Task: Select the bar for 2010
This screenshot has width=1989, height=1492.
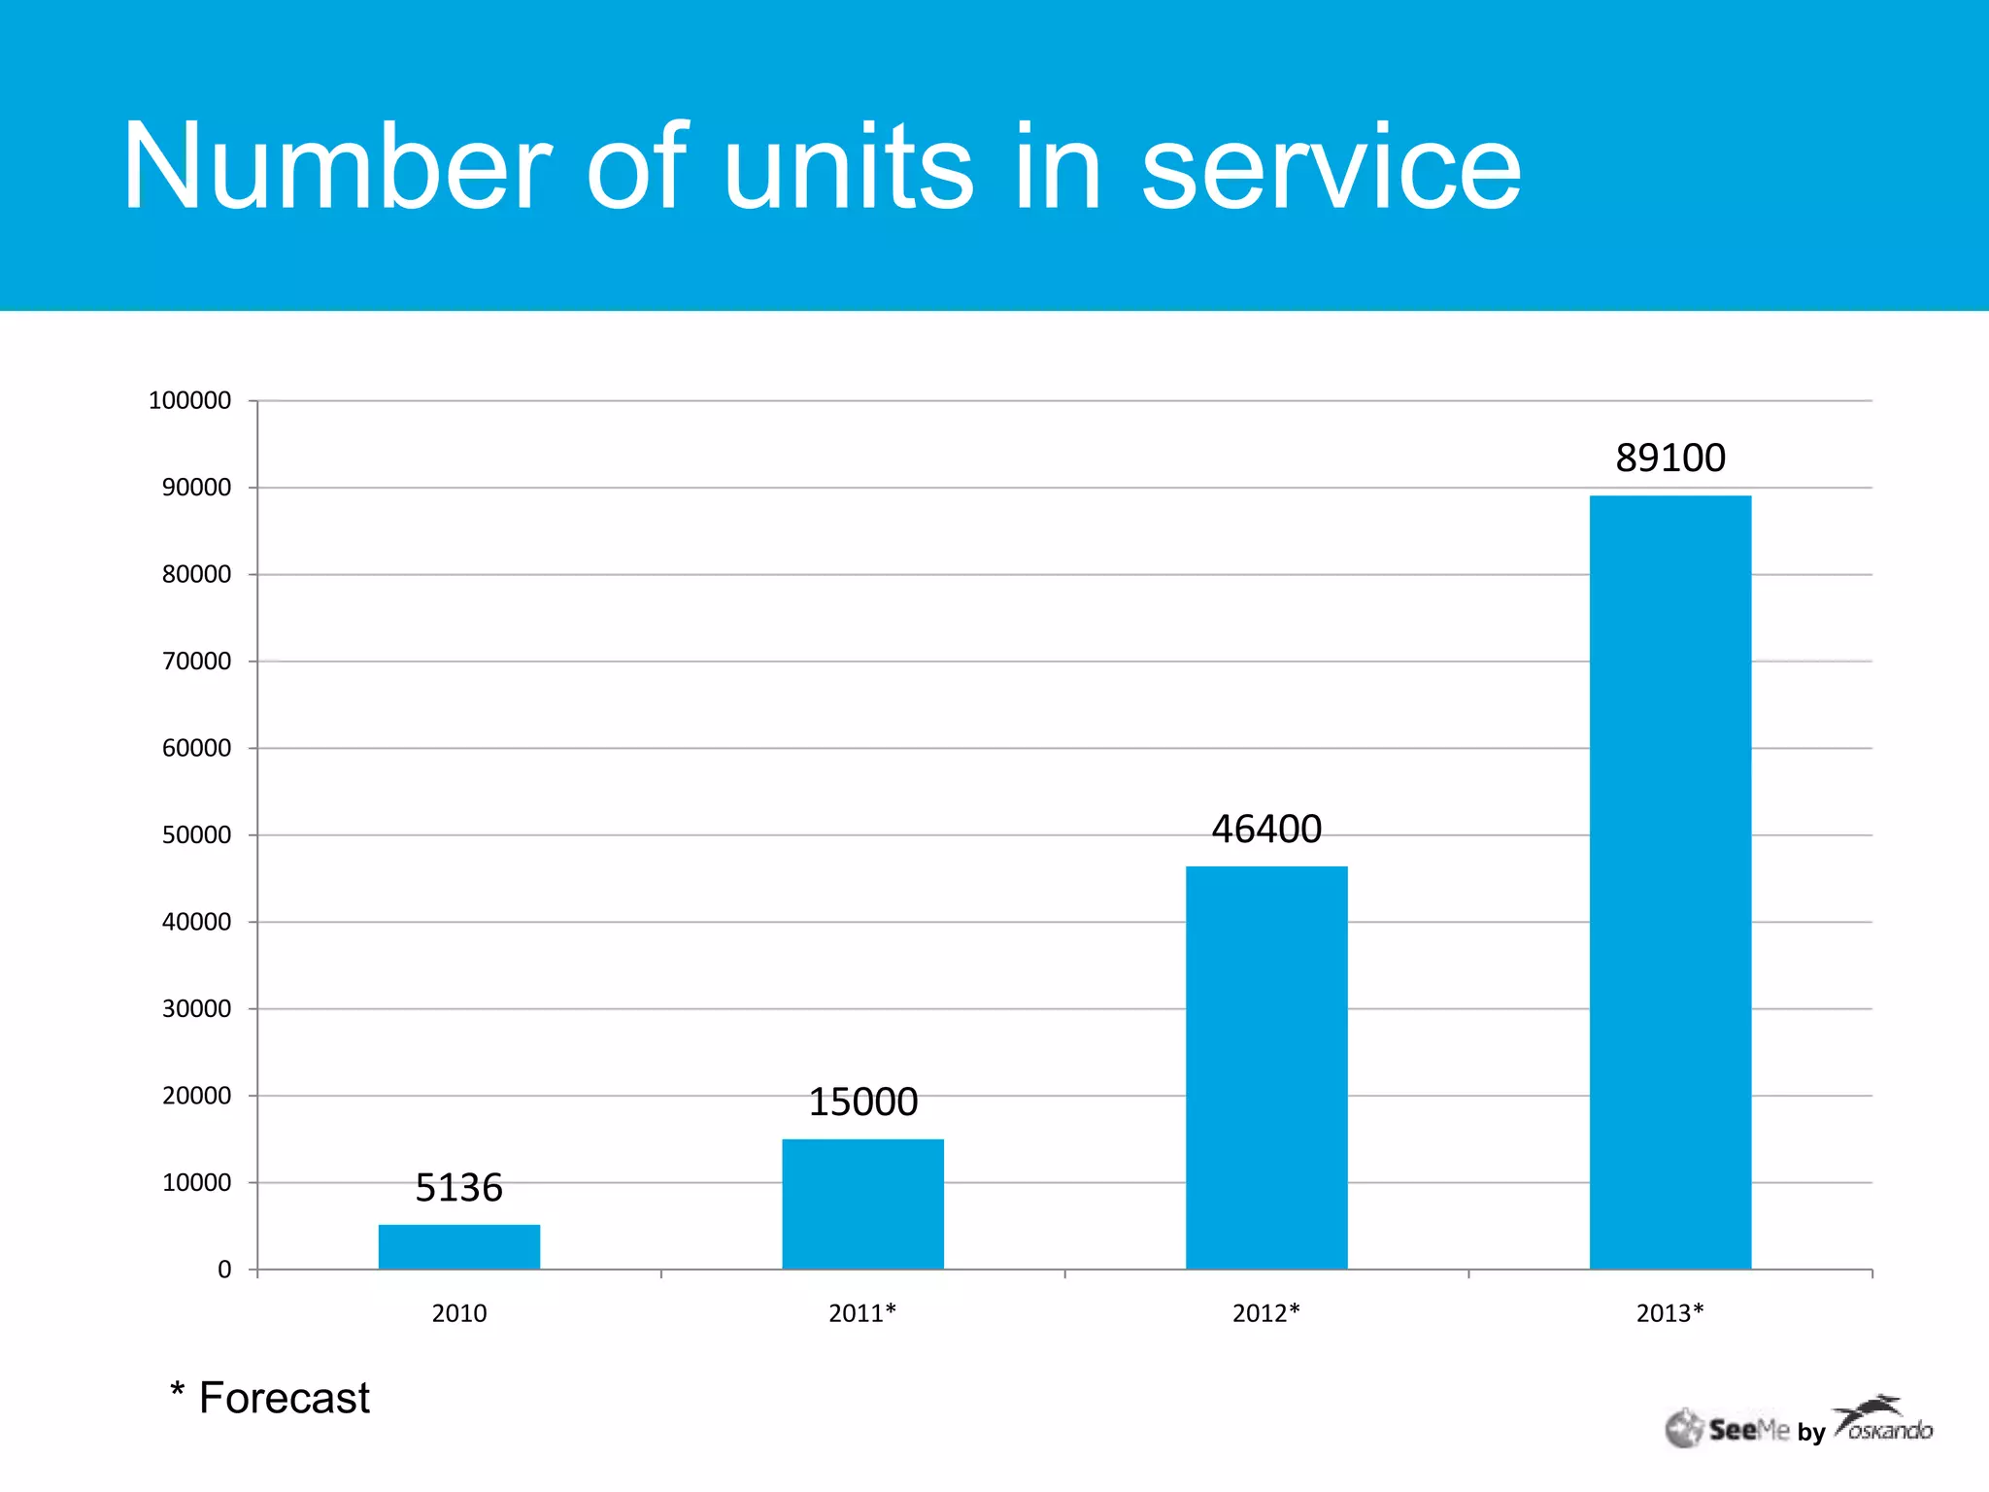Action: pos(458,1246)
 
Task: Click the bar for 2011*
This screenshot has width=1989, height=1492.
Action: pos(862,1204)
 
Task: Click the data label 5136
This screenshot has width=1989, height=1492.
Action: pos(458,1187)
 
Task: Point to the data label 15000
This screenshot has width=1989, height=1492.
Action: pos(862,1102)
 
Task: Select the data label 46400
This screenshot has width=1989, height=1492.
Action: pos(1266,829)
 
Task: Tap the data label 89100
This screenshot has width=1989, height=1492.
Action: pos(1669,458)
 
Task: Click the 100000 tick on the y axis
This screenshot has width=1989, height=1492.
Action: pos(189,400)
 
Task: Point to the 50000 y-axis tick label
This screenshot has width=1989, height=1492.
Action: pos(196,834)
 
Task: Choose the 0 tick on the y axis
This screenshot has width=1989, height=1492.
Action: pos(224,1270)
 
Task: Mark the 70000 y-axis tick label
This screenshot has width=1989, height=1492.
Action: pos(196,661)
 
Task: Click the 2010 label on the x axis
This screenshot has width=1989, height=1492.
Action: pos(458,1313)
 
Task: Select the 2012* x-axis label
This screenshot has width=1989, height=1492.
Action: pos(1265,1313)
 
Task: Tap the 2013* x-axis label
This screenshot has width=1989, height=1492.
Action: pos(1669,1313)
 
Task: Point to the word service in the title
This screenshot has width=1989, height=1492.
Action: pos(1331,167)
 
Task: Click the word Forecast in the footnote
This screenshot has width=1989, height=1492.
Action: pos(284,1398)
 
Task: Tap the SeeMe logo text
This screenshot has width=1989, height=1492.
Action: pos(1748,1430)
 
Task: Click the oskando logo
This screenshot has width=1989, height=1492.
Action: pos(1884,1422)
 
